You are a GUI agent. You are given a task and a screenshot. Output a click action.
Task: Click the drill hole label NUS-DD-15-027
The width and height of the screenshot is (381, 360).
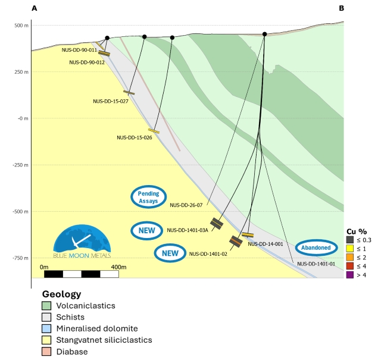pyautogui.click(x=111, y=101)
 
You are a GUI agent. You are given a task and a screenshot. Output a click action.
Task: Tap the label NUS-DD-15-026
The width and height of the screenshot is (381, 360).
pyautogui.click(x=135, y=137)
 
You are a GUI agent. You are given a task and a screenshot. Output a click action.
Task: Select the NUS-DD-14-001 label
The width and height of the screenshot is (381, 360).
pyautogui.click(x=266, y=244)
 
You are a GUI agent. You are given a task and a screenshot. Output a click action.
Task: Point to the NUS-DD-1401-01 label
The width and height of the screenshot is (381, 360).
pyautogui.click(x=316, y=264)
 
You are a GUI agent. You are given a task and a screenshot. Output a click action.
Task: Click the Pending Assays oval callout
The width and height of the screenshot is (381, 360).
pyautogui.click(x=148, y=197)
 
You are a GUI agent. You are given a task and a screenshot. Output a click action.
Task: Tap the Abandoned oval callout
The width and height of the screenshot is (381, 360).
pyautogui.click(x=316, y=248)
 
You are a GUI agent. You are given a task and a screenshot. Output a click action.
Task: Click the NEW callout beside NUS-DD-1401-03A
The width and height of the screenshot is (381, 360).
pyautogui.click(x=147, y=230)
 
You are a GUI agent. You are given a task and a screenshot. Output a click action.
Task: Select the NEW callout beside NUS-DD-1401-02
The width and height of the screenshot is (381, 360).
pyautogui.click(x=170, y=253)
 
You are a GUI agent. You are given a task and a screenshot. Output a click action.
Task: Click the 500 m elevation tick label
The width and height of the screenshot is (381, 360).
pyautogui.click(x=21, y=26)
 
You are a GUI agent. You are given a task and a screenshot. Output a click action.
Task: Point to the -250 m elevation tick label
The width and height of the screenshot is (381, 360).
pyautogui.click(x=21, y=165)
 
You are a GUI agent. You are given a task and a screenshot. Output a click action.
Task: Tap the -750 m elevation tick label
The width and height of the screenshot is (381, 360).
pyautogui.click(x=21, y=258)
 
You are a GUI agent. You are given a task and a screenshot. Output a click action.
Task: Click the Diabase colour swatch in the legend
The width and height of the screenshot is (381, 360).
pyautogui.click(x=46, y=352)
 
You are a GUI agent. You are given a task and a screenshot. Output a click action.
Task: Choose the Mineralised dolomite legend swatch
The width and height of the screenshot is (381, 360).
pyautogui.click(x=46, y=328)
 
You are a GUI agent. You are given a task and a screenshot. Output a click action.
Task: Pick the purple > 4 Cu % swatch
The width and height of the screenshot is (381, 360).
pyautogui.click(x=350, y=275)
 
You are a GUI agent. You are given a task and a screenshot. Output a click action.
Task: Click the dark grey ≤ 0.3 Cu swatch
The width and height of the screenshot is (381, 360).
pyautogui.click(x=350, y=240)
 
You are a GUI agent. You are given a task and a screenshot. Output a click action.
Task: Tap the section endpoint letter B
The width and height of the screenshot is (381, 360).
pyautogui.click(x=341, y=8)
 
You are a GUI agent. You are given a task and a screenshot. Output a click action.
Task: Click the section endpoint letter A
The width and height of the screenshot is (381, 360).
pyautogui.click(x=35, y=8)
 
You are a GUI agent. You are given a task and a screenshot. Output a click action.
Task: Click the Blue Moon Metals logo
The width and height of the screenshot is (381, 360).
pyautogui.click(x=82, y=241)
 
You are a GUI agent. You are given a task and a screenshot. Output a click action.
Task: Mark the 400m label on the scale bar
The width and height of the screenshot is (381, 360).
pyautogui.click(x=118, y=267)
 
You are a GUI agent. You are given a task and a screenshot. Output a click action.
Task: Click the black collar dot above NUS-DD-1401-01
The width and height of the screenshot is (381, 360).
pyautogui.click(x=264, y=35)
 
